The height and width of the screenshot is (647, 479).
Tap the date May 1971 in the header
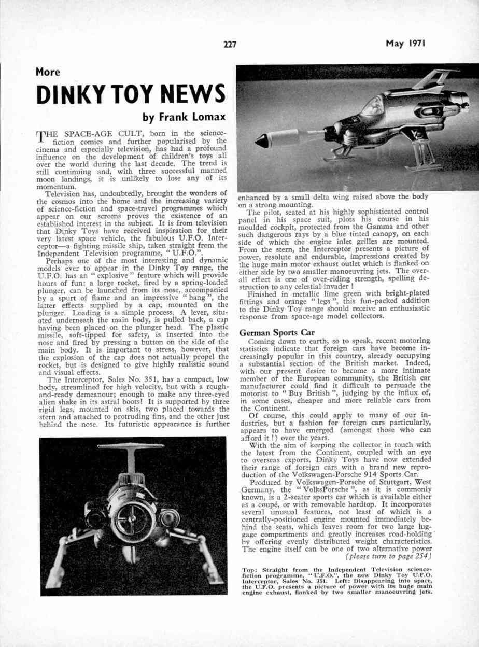click(405, 44)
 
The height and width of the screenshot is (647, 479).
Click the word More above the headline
click(48, 72)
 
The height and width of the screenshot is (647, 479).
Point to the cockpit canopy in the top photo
click(373, 108)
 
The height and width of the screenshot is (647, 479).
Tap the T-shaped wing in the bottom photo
click(131, 447)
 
